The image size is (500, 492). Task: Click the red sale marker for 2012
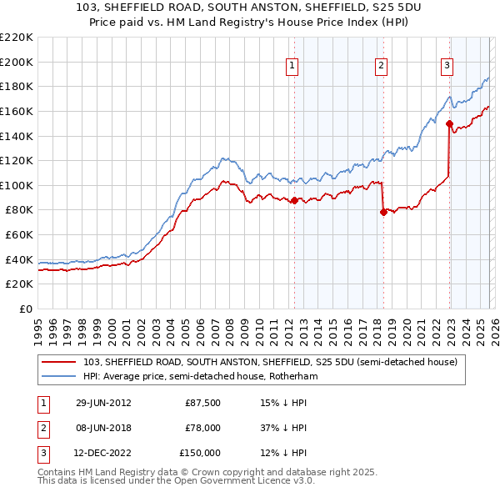click(x=294, y=200)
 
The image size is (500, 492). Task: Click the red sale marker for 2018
click(x=382, y=212)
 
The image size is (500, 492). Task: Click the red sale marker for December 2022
click(x=449, y=123)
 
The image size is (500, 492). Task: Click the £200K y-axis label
click(x=17, y=62)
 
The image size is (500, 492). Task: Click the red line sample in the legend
click(x=60, y=362)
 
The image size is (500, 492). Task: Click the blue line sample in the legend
click(x=60, y=377)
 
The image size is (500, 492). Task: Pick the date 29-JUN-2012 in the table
click(x=103, y=403)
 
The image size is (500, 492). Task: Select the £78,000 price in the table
click(x=202, y=428)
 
